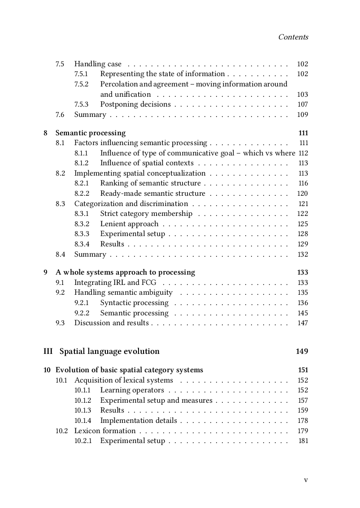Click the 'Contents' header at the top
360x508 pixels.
tap(293, 37)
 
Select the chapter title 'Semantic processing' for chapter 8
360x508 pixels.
tap(91, 133)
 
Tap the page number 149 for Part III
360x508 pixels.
tap(302, 351)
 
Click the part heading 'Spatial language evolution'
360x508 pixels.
tap(109, 351)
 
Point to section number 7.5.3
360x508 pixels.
tap(81, 104)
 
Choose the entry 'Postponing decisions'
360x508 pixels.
tap(135, 104)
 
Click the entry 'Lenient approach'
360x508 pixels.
tap(129, 224)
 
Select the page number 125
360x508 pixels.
tap(303, 224)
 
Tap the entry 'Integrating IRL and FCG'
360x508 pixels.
tap(115, 283)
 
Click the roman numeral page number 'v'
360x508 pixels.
tap(306, 480)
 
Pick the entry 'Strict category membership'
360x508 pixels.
tap(146, 214)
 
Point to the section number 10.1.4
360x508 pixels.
tap(82, 421)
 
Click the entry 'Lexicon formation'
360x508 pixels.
tap(105, 431)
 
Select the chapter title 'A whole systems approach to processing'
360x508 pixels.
tap(125, 272)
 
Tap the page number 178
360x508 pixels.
tap(303, 421)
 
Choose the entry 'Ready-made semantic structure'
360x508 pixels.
tap(152, 194)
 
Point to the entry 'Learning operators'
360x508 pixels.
tap(132, 390)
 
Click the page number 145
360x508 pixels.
tap(303, 313)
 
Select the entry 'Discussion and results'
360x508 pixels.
tap(111, 323)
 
